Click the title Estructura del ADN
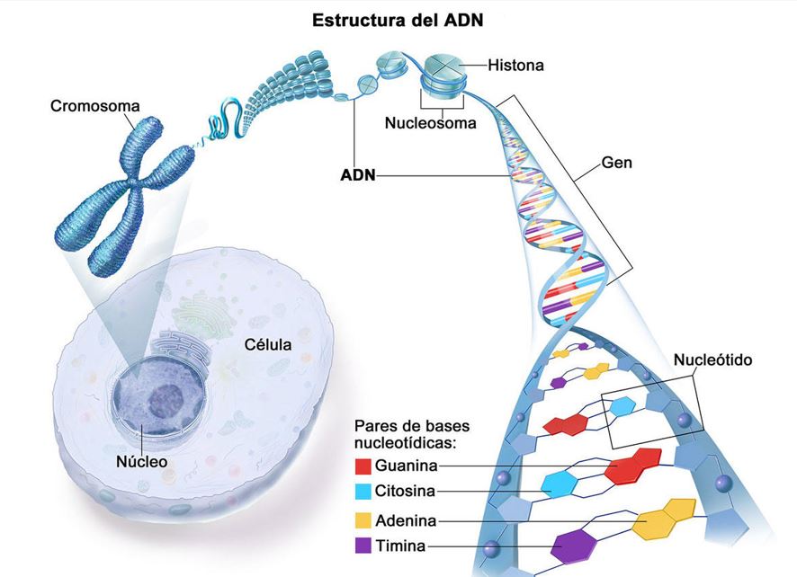pos(398,19)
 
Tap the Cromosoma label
pos(95,106)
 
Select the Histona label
pos(515,65)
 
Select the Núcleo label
pos(141,461)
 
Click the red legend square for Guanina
pos(363,466)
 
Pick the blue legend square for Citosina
pos(363,492)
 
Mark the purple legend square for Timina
pos(363,546)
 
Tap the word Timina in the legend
pos(402,546)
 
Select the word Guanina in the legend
pos(407,466)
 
